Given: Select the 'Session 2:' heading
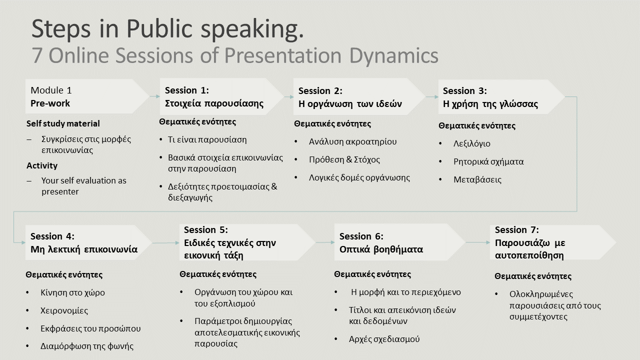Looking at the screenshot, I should click(320, 91).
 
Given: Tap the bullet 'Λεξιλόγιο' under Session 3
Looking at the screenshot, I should click(471, 143).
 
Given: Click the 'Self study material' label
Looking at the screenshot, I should click(63, 123).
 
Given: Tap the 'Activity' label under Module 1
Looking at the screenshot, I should click(42, 165).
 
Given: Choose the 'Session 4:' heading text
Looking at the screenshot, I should click(52, 236).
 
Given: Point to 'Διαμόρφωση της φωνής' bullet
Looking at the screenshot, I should click(86, 346).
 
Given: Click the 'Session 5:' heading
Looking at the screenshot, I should click(205, 230).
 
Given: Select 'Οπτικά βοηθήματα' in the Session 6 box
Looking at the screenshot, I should click(381, 249).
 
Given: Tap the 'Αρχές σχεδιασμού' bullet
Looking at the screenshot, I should click(384, 339).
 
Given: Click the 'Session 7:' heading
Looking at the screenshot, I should click(516, 230).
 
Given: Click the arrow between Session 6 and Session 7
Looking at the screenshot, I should click(477, 242).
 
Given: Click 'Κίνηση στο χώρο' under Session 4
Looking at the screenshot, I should click(72, 292).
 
